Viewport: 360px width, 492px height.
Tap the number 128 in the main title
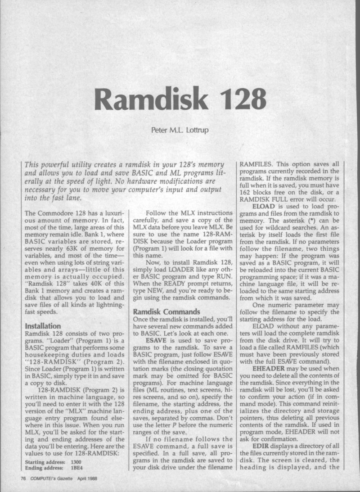click(x=240, y=95)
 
